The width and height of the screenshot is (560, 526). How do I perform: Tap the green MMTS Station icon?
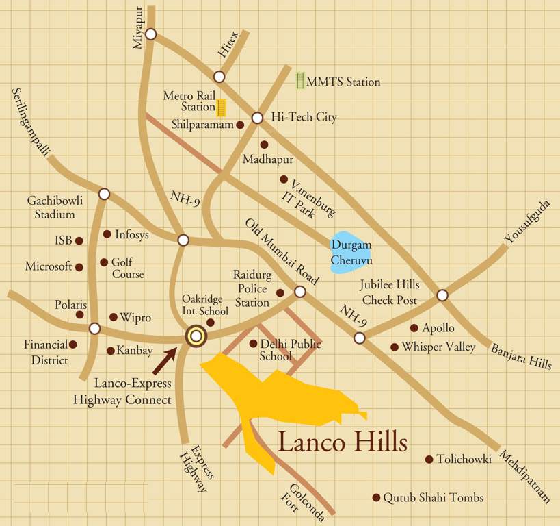tap(299, 81)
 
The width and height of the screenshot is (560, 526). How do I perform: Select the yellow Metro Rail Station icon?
tap(221, 108)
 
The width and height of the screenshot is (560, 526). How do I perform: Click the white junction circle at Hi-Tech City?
tap(257, 118)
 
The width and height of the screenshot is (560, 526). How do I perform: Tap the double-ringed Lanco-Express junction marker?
tap(196, 336)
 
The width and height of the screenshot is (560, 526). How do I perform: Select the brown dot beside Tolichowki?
tap(429, 460)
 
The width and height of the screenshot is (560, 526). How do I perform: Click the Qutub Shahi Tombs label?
tap(433, 498)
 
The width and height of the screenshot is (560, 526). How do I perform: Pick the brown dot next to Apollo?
tap(414, 328)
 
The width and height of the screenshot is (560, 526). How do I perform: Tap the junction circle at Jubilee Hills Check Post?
tap(442, 295)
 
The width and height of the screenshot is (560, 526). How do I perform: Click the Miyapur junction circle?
tap(151, 34)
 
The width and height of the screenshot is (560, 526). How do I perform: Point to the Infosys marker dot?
tap(107, 234)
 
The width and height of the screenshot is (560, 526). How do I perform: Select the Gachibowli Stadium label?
tap(51, 207)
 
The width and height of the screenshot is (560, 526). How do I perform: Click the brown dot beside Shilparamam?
tap(240, 125)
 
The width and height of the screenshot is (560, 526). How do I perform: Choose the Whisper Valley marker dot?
tap(395, 347)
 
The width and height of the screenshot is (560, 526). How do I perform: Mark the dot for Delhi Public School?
tap(253, 344)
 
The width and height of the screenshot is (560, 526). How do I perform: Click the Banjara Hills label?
tap(520, 356)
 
